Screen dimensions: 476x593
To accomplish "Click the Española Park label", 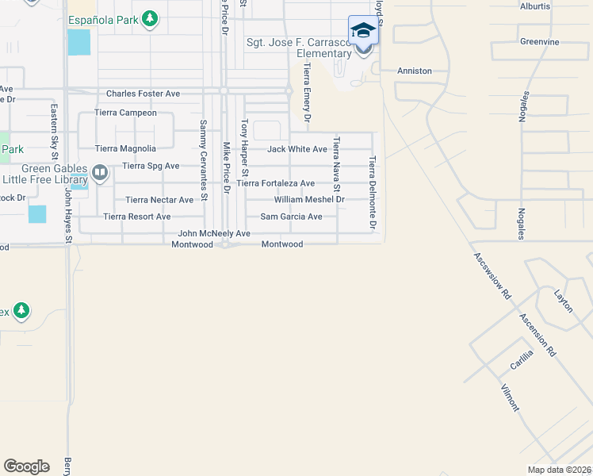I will pos(104,18).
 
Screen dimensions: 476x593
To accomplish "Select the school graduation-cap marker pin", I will pos(363,31).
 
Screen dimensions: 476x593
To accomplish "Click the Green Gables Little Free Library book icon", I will pos(100,172).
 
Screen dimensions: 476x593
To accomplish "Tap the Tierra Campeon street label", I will pos(125,113).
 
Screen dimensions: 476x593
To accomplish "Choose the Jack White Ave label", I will pos(297,149).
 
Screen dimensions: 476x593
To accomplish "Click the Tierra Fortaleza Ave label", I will pos(276,183).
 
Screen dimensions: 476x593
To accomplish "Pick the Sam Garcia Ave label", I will pos(292,217).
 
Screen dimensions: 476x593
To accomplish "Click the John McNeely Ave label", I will pos(214,234).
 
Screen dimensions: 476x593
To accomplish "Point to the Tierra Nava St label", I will pos(336,165).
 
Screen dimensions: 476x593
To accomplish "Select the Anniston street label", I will pos(415,71).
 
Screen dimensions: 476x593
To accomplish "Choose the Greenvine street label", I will pos(540,41).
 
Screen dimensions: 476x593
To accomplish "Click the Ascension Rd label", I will pos(538,334).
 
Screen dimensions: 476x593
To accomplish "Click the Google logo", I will pos(26,466).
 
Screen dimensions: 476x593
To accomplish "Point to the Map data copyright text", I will pos(559,470).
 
